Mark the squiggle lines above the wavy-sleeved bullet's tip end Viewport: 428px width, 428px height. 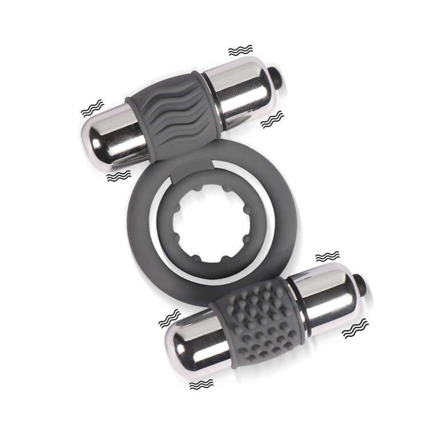pyautogui.click(x=240, y=51)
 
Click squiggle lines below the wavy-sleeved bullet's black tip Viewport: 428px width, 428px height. pyautogui.click(x=272, y=119)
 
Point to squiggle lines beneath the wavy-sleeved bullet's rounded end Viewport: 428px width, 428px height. pyautogui.click(x=119, y=176)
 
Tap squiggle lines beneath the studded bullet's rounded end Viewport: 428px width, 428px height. pyautogui.click(x=201, y=385)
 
